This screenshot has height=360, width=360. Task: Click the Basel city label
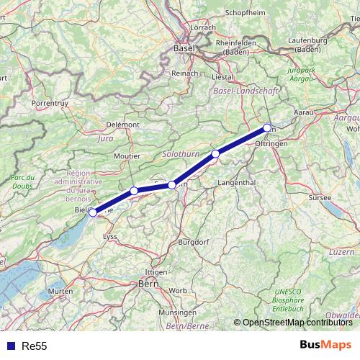click(184, 48)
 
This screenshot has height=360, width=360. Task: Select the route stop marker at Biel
click(93, 212)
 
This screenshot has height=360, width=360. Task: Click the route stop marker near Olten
click(267, 128)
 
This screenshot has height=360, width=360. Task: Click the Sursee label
click(320, 197)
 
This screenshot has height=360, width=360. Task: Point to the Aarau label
click(306, 113)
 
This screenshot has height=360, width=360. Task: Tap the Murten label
click(61, 291)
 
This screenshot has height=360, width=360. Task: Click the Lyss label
click(110, 235)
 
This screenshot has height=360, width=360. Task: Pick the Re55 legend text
click(35, 346)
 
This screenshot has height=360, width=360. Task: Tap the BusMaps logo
click(326, 346)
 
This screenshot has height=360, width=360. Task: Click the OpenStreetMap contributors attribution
click(297, 323)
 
